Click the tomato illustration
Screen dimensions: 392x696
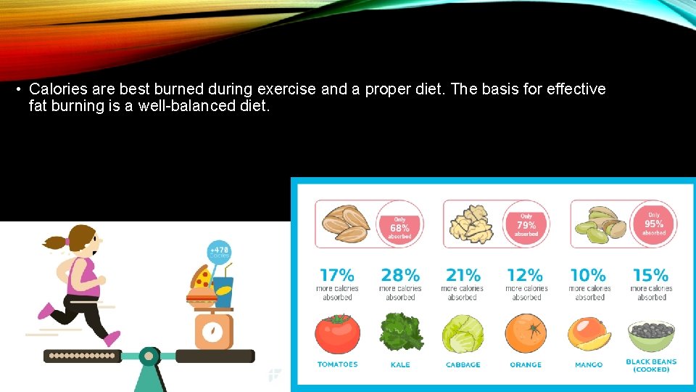tap(337, 334)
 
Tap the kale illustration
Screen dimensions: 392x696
tap(400, 332)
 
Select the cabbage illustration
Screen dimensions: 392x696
tap(463, 334)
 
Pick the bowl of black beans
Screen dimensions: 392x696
tap(650, 335)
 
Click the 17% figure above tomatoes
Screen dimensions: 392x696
tap(337, 276)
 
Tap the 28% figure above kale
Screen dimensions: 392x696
tap(400, 276)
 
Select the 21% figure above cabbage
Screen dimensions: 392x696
tap(463, 276)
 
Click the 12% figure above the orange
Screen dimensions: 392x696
tap(526, 276)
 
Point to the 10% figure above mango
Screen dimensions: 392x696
tap(588, 276)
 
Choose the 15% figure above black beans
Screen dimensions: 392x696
tap(650, 276)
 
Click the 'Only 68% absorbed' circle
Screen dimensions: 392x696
tap(399, 225)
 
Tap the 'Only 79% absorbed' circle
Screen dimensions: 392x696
tap(526, 224)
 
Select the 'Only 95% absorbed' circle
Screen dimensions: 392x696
tap(653, 224)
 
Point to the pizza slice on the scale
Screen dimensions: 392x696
tap(201, 278)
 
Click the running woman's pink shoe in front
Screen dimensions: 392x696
tap(112, 338)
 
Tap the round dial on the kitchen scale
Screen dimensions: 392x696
tap(212, 332)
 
